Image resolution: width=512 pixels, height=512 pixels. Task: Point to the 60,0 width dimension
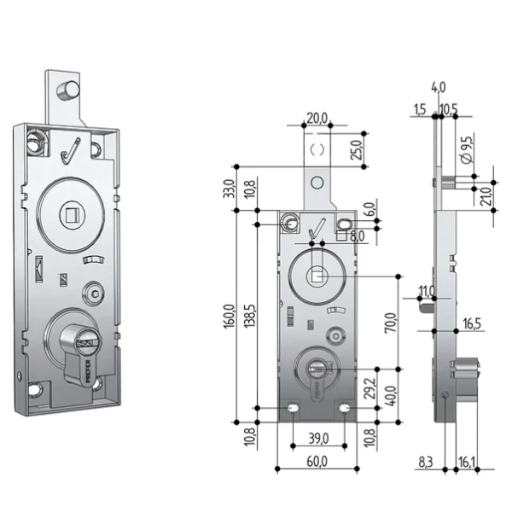317,462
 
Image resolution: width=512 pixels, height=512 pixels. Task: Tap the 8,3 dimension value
425,460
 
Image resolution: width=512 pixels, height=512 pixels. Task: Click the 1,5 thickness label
419,110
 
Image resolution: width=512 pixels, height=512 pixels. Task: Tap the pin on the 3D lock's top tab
66,89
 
